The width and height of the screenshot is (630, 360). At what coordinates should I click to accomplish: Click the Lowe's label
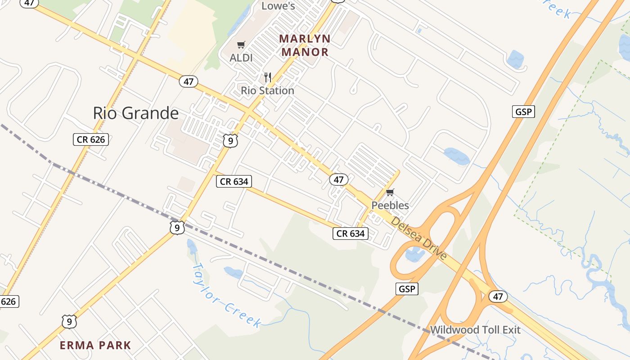tap(278, 6)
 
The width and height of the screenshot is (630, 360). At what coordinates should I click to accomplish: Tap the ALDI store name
tap(241, 58)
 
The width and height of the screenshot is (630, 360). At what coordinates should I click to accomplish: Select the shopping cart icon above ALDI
tap(241, 45)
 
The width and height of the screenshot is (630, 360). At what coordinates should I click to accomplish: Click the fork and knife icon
tap(268, 77)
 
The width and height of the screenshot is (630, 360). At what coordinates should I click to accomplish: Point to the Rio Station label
tap(267, 90)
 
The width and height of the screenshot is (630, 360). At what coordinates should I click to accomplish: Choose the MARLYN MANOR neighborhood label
tap(305, 45)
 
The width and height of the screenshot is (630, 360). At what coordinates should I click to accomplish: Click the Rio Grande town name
tap(135, 113)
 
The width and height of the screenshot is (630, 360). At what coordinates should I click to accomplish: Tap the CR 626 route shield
tap(91, 139)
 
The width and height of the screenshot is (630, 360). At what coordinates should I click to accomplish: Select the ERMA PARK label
tap(95, 346)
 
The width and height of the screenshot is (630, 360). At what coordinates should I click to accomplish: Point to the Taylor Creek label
tap(226, 295)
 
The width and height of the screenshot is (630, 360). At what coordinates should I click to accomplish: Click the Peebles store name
tap(390, 206)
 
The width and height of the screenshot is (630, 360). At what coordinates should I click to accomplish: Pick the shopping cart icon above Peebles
tap(390, 193)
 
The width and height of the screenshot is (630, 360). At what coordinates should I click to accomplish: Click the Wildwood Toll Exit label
tap(475, 330)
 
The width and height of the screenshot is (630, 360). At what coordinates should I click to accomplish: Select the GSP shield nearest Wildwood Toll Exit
tap(407, 289)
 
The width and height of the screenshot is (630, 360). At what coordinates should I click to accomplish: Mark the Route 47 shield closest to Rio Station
tap(189, 81)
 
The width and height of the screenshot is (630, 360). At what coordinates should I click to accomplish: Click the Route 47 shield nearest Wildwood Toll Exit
tap(498, 297)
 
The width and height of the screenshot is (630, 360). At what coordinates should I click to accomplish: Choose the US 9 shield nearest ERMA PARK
tap(69, 322)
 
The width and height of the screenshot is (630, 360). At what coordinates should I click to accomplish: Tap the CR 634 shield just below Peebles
tap(351, 233)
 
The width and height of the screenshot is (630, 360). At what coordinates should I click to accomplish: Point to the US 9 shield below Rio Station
tap(230, 141)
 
